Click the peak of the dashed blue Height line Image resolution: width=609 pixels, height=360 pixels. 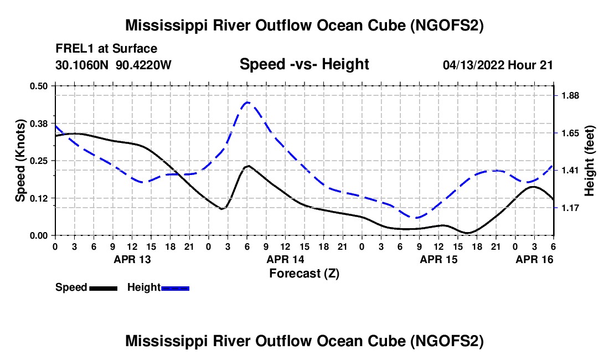(x=247, y=102)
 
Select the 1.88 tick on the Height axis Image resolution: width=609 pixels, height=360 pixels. (x=570, y=96)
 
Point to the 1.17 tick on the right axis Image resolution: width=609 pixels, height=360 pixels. (x=570, y=208)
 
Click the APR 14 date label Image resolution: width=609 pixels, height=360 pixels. (x=285, y=259)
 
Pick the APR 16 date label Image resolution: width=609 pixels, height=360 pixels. (x=534, y=259)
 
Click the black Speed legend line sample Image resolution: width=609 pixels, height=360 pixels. (x=104, y=288)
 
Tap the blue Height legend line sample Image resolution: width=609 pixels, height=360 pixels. (x=176, y=288)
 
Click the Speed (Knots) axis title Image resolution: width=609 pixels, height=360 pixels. (x=20, y=161)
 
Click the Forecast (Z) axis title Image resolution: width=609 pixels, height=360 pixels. (x=304, y=273)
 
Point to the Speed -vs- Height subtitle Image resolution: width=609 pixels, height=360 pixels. (x=304, y=64)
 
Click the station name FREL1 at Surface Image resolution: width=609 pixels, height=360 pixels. (x=106, y=49)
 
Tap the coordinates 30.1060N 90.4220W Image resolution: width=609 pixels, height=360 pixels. (x=113, y=65)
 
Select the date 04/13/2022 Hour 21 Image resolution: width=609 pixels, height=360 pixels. (x=498, y=65)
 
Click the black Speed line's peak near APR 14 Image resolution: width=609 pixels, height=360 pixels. (x=248, y=166)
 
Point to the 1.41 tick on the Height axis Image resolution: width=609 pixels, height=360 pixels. (x=570, y=170)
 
